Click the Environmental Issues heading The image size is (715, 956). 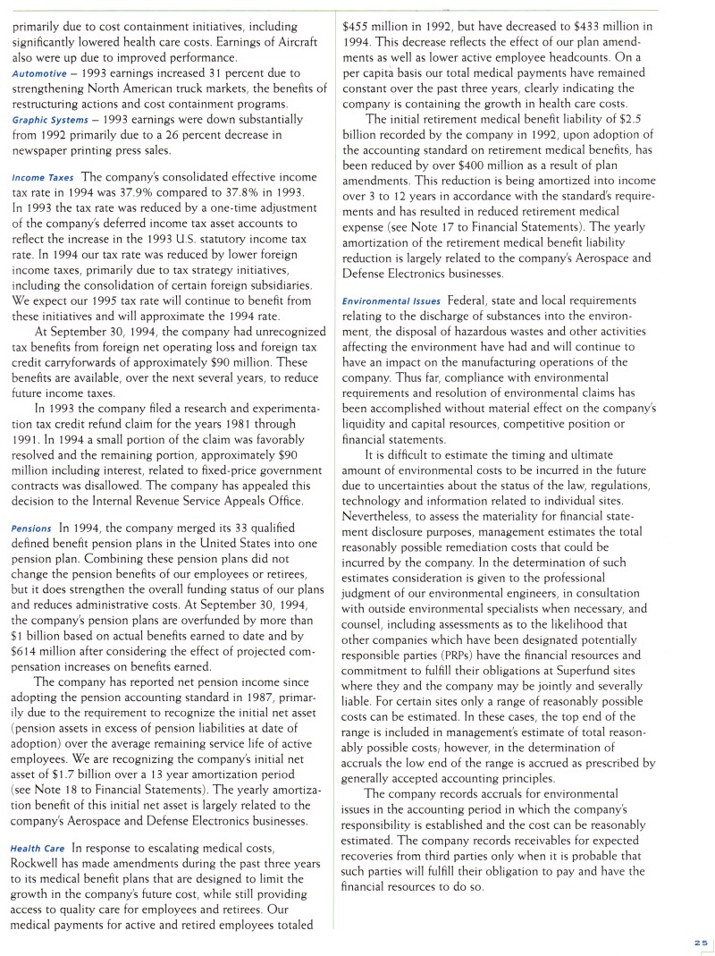[391, 300]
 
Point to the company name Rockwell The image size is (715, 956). [39, 863]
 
